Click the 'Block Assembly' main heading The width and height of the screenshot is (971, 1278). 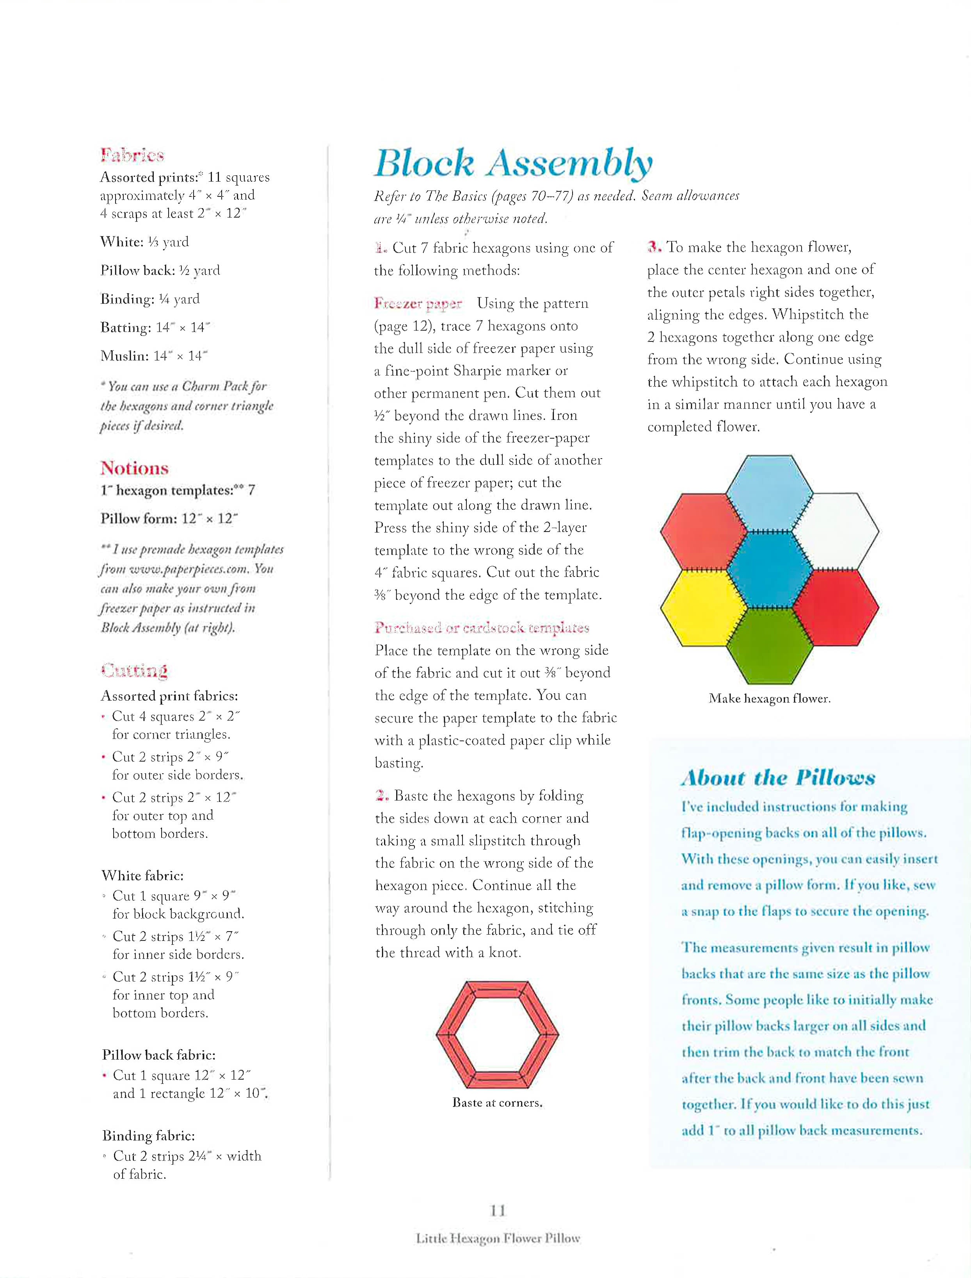(x=513, y=163)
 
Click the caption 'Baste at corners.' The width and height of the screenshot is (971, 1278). (x=497, y=1102)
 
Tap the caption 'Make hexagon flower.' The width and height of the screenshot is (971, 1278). (x=769, y=698)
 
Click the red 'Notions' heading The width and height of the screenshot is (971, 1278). (x=134, y=468)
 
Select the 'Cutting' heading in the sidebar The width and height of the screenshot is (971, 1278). (x=134, y=670)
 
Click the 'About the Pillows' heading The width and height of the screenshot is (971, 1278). (x=778, y=777)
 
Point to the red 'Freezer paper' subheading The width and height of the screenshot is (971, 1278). (x=418, y=303)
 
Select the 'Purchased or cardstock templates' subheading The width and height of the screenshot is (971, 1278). (x=482, y=627)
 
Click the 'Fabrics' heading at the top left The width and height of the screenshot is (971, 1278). (x=132, y=155)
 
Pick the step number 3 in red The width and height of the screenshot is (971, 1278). (x=654, y=247)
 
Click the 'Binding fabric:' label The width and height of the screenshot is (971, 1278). (x=149, y=1135)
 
